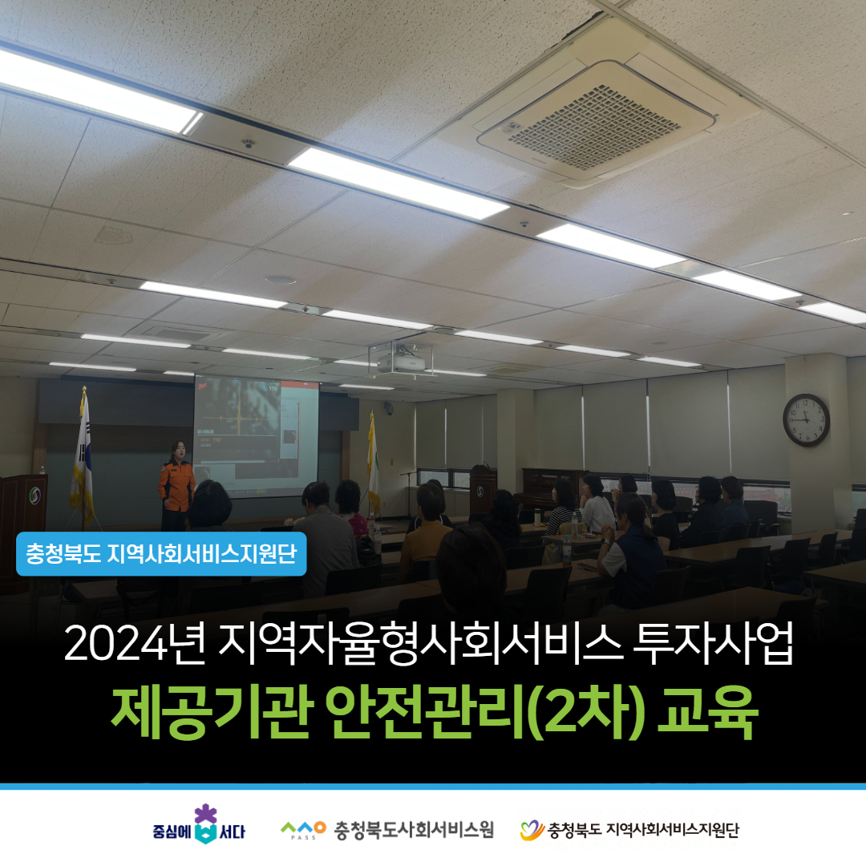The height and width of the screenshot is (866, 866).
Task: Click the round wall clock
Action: click(806, 419)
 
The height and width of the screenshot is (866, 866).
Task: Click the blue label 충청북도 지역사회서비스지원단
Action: click(161, 553)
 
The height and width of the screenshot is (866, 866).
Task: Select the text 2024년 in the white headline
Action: click(135, 644)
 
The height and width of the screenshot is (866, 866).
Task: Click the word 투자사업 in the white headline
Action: click(713, 644)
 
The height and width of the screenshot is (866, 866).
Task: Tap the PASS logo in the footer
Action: click(303, 830)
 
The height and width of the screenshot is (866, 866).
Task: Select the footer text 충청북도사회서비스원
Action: click(414, 830)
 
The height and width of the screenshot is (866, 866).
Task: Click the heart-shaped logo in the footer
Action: click(532, 830)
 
